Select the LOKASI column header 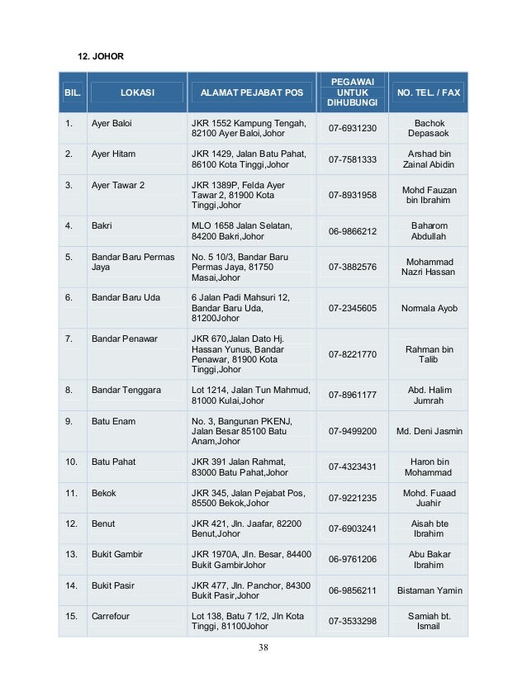click(x=137, y=92)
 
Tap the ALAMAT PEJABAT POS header click(x=246, y=92)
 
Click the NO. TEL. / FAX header click(x=429, y=92)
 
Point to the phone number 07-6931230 click(x=352, y=128)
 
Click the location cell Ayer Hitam click(x=113, y=154)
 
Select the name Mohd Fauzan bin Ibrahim click(x=429, y=195)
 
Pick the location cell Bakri click(x=102, y=225)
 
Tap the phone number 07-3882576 click(x=352, y=267)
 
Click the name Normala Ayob click(x=429, y=308)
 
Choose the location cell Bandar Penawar click(x=124, y=339)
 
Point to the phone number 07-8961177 click(x=352, y=395)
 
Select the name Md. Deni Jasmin click(x=430, y=431)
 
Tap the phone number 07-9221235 click(x=352, y=498)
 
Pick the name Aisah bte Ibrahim click(x=429, y=528)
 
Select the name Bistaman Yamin click(x=430, y=590)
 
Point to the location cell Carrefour click(x=111, y=616)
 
